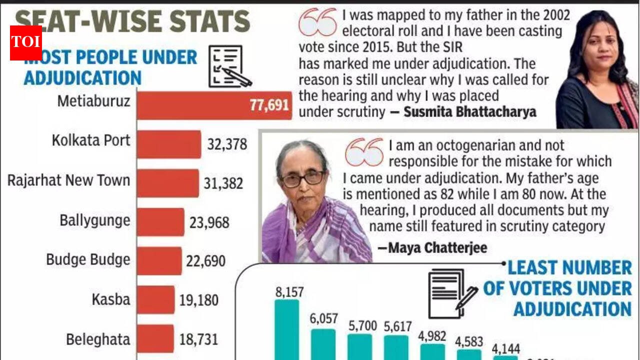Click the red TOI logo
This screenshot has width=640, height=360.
[x=26, y=42]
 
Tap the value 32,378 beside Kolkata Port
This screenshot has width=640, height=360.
[x=227, y=144]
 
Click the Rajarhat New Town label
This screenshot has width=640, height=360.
[x=68, y=180]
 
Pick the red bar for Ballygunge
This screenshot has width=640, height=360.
[x=160, y=222]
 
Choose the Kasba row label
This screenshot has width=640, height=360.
[x=110, y=299]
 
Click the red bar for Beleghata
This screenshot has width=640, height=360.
[x=155, y=339]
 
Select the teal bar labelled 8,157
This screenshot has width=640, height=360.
[x=287, y=329]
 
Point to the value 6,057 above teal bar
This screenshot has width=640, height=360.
[x=323, y=318]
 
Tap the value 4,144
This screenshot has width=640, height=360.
[x=505, y=348]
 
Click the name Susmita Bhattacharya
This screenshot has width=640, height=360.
[x=469, y=111]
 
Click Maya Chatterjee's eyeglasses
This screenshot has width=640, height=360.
[x=302, y=178]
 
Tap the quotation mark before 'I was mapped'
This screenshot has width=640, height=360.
[x=318, y=22]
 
